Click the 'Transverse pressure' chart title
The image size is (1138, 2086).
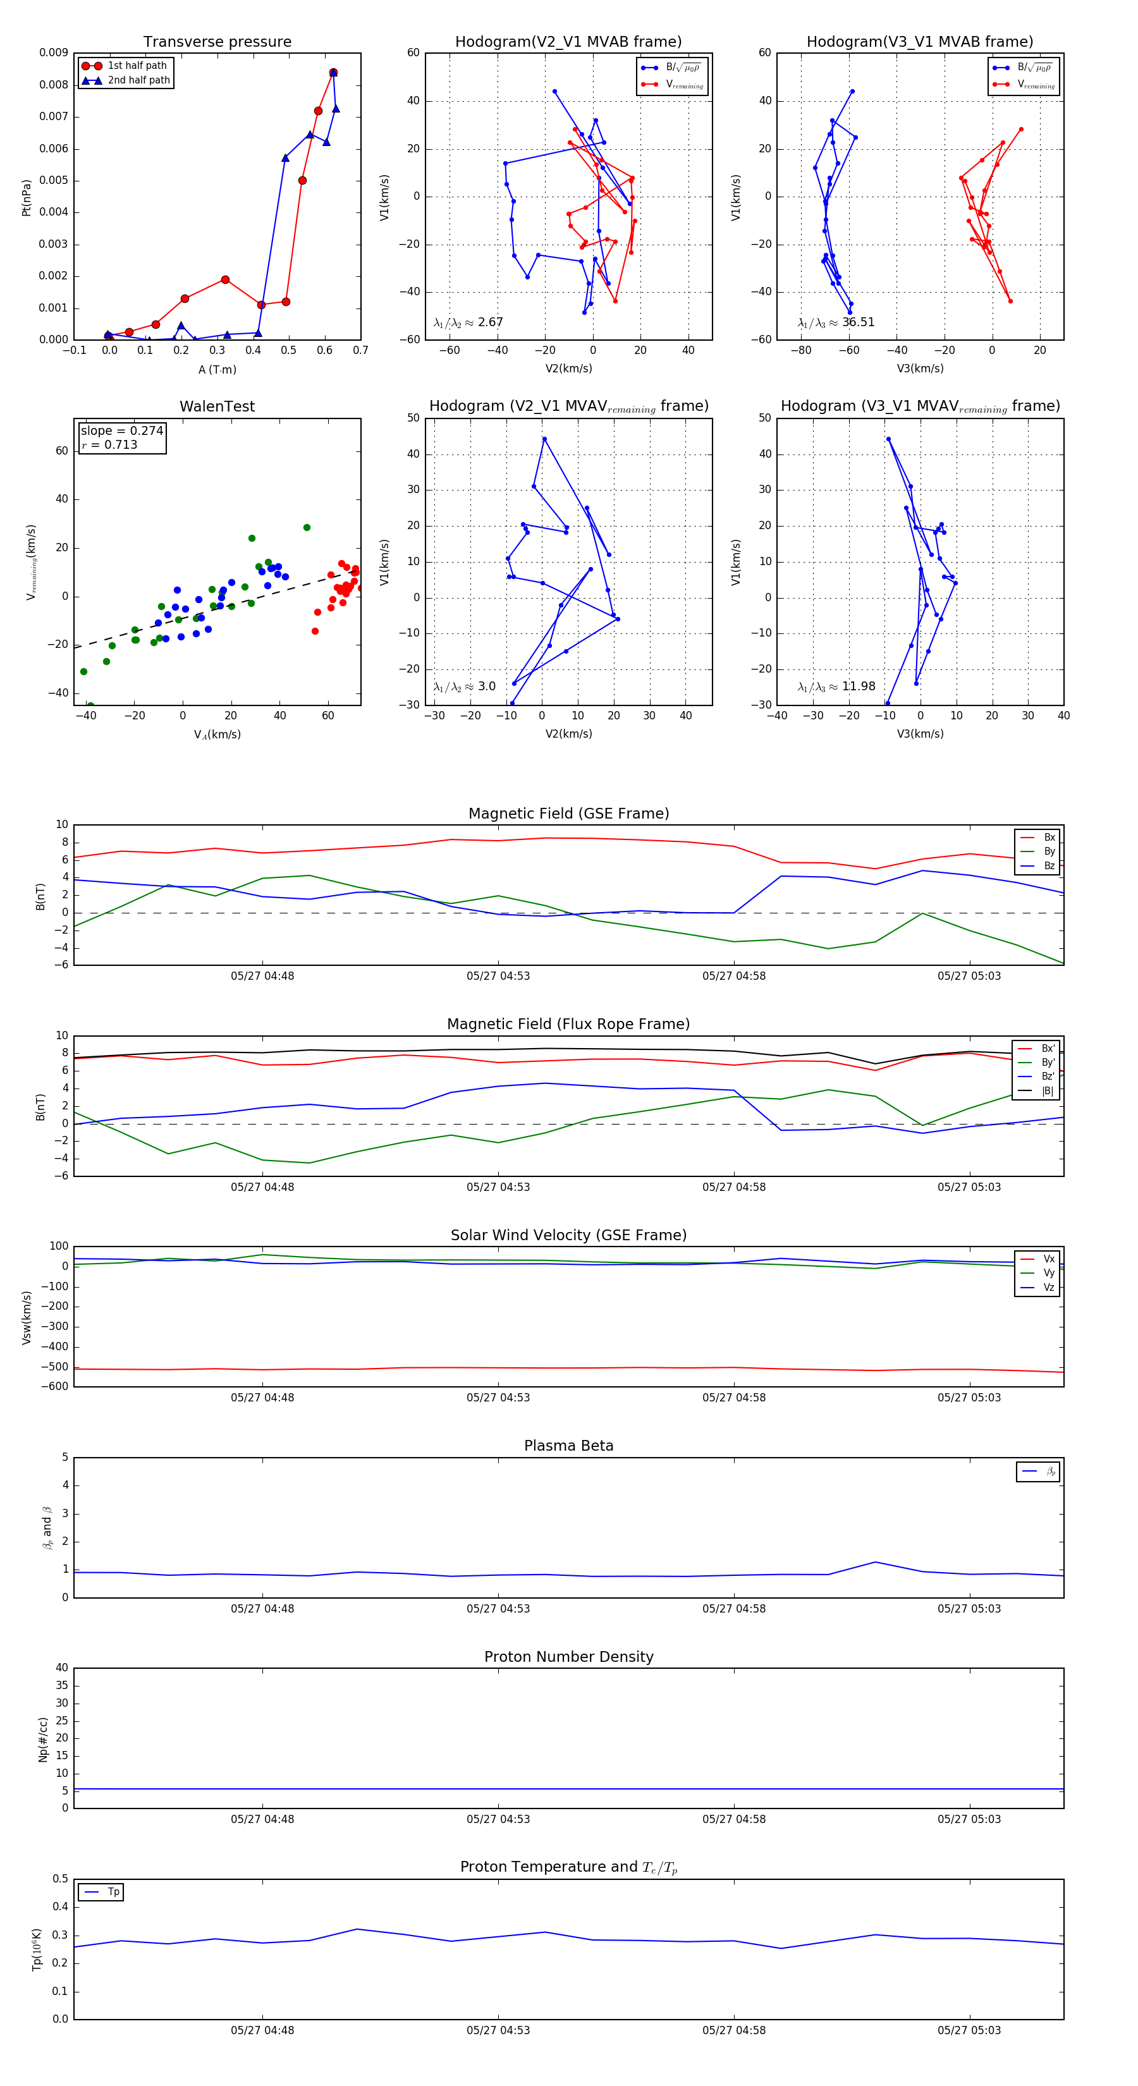pyautogui.click(x=217, y=42)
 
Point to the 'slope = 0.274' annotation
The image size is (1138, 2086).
pyautogui.click(x=121, y=431)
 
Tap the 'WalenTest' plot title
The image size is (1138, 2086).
pyautogui.click(x=217, y=406)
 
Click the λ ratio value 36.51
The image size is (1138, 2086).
pyautogui.click(x=858, y=322)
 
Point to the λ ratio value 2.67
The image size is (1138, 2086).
pyautogui.click(x=490, y=322)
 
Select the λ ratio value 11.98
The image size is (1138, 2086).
pyautogui.click(x=858, y=686)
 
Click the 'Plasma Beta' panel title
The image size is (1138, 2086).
pyautogui.click(x=568, y=1446)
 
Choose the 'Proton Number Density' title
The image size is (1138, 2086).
pyautogui.click(x=568, y=1657)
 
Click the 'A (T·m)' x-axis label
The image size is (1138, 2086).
pyautogui.click(x=217, y=370)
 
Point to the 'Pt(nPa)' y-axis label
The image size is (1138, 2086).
pyautogui.click(x=26, y=197)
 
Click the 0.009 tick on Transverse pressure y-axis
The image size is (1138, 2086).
pyautogui.click(x=54, y=54)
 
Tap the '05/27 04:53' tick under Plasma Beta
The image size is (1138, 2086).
pyautogui.click(x=498, y=1609)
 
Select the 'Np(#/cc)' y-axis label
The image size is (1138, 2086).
pyautogui.click(x=43, y=1740)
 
